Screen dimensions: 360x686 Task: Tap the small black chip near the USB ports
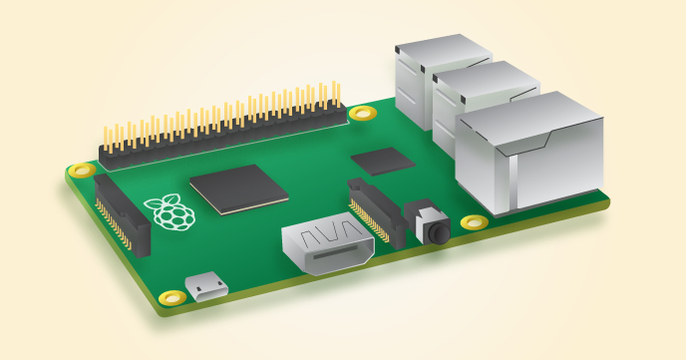pyautogui.click(x=383, y=161)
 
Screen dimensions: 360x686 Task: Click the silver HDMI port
pyautogui.click(x=327, y=248)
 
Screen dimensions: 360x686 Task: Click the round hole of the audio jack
pyautogui.click(x=437, y=232)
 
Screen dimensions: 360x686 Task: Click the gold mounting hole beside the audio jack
pyautogui.click(x=475, y=221)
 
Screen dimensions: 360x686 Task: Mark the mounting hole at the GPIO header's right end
pyautogui.click(x=362, y=112)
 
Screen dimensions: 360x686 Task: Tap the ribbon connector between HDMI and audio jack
pyautogui.click(x=377, y=211)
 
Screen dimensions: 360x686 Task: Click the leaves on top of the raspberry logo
pyautogui.click(x=167, y=199)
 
